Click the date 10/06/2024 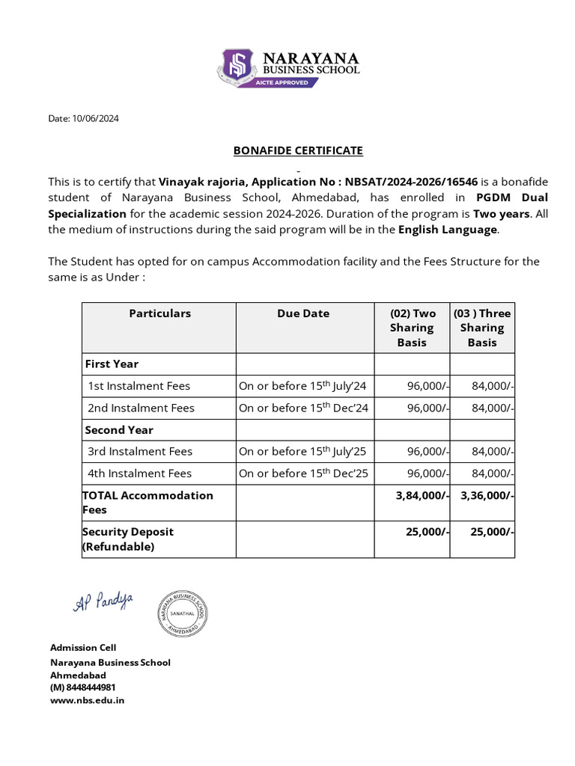pyautogui.click(x=94, y=118)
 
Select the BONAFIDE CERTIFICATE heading pyautogui.click(x=298, y=150)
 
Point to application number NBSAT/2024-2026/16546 pyautogui.click(x=411, y=182)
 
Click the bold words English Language pyautogui.click(x=448, y=230)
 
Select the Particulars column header pyautogui.click(x=159, y=313)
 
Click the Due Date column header pyautogui.click(x=303, y=313)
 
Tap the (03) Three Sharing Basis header pyautogui.click(x=482, y=328)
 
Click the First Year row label pyautogui.click(x=112, y=364)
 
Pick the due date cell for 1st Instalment pyautogui.click(x=302, y=386)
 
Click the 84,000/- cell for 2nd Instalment pyautogui.click(x=492, y=408)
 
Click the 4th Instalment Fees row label pyautogui.click(x=139, y=473)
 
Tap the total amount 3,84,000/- pyautogui.click(x=422, y=495)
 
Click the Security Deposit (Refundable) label pyautogui.click(x=128, y=539)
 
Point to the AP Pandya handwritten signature pyautogui.click(x=103, y=601)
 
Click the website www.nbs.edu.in pyautogui.click(x=87, y=700)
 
